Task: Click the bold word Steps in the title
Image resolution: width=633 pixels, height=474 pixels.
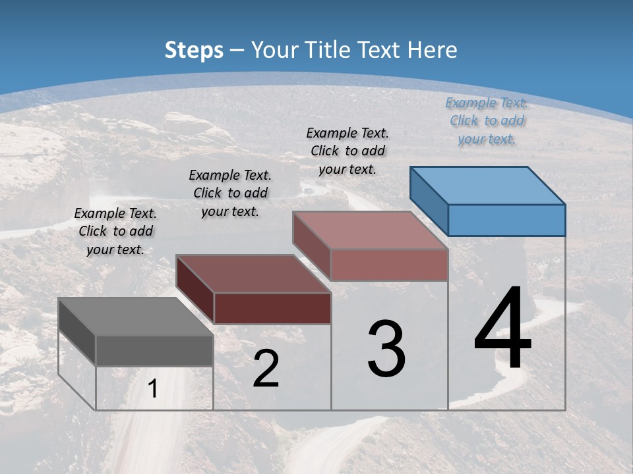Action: click(194, 50)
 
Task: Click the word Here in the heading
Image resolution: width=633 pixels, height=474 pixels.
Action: click(430, 50)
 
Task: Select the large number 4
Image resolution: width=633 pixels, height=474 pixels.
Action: click(502, 329)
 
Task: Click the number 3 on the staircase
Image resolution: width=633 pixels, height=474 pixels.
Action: click(386, 349)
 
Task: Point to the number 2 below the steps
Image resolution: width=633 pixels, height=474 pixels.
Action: click(266, 369)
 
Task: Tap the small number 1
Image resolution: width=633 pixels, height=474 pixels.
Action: click(153, 389)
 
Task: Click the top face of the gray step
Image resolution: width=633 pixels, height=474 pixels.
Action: click(136, 317)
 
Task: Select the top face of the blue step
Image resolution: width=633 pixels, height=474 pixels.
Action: click(488, 185)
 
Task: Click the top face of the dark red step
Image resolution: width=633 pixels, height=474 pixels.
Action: click(253, 274)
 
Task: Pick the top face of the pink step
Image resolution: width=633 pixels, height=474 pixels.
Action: click(370, 230)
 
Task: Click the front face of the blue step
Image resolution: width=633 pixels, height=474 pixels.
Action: click(506, 220)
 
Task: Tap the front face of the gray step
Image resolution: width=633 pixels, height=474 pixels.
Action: click(154, 350)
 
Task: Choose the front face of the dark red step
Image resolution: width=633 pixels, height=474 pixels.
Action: click(272, 308)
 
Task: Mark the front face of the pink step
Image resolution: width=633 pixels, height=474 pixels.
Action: click(389, 265)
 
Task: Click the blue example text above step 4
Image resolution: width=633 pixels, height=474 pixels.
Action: click(487, 120)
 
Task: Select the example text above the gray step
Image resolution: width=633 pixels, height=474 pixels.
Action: click(115, 231)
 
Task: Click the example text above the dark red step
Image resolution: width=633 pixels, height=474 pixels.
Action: click(230, 193)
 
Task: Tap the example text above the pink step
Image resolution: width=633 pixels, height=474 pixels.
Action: click(347, 151)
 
